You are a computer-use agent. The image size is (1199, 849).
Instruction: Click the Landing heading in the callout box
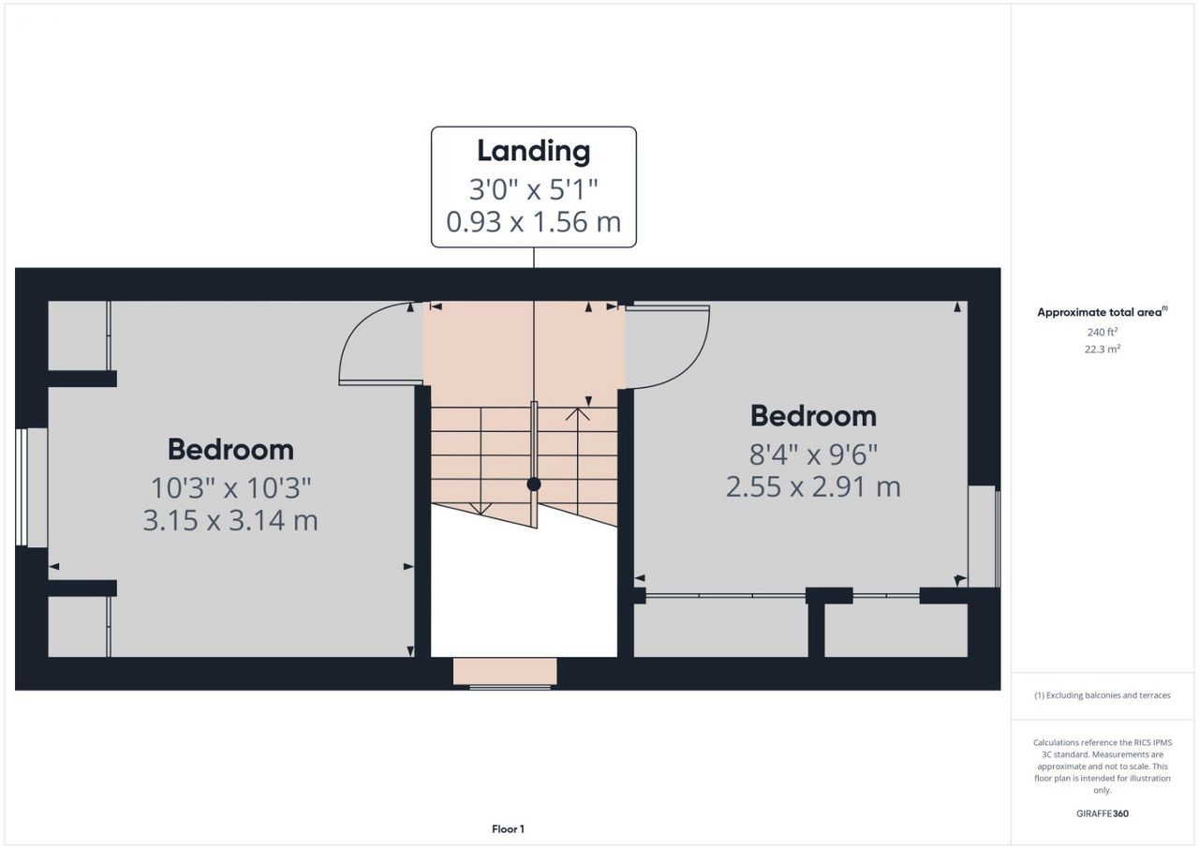534,151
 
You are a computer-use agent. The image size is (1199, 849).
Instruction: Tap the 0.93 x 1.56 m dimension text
534,221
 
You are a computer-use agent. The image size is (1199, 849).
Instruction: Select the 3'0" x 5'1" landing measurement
534,189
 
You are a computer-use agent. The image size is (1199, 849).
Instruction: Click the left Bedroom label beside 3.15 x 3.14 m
230,449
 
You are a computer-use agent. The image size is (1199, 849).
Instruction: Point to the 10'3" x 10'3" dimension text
230,487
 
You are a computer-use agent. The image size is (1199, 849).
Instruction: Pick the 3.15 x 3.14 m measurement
230,520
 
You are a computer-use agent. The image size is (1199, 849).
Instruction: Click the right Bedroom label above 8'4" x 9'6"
813,416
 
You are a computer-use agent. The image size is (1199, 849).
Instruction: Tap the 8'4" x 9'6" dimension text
813,454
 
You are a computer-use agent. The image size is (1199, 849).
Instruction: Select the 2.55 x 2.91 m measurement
813,487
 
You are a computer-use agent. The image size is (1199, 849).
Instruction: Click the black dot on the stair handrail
534,484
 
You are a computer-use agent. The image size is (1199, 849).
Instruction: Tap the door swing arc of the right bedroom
690,359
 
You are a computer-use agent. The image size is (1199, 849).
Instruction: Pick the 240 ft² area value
1103,332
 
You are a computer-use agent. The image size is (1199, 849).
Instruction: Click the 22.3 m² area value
1103,349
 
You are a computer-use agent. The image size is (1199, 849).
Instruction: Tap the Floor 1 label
508,829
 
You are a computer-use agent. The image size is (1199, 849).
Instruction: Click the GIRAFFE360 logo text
1103,813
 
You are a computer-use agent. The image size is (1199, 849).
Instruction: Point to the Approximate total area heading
1103,312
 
